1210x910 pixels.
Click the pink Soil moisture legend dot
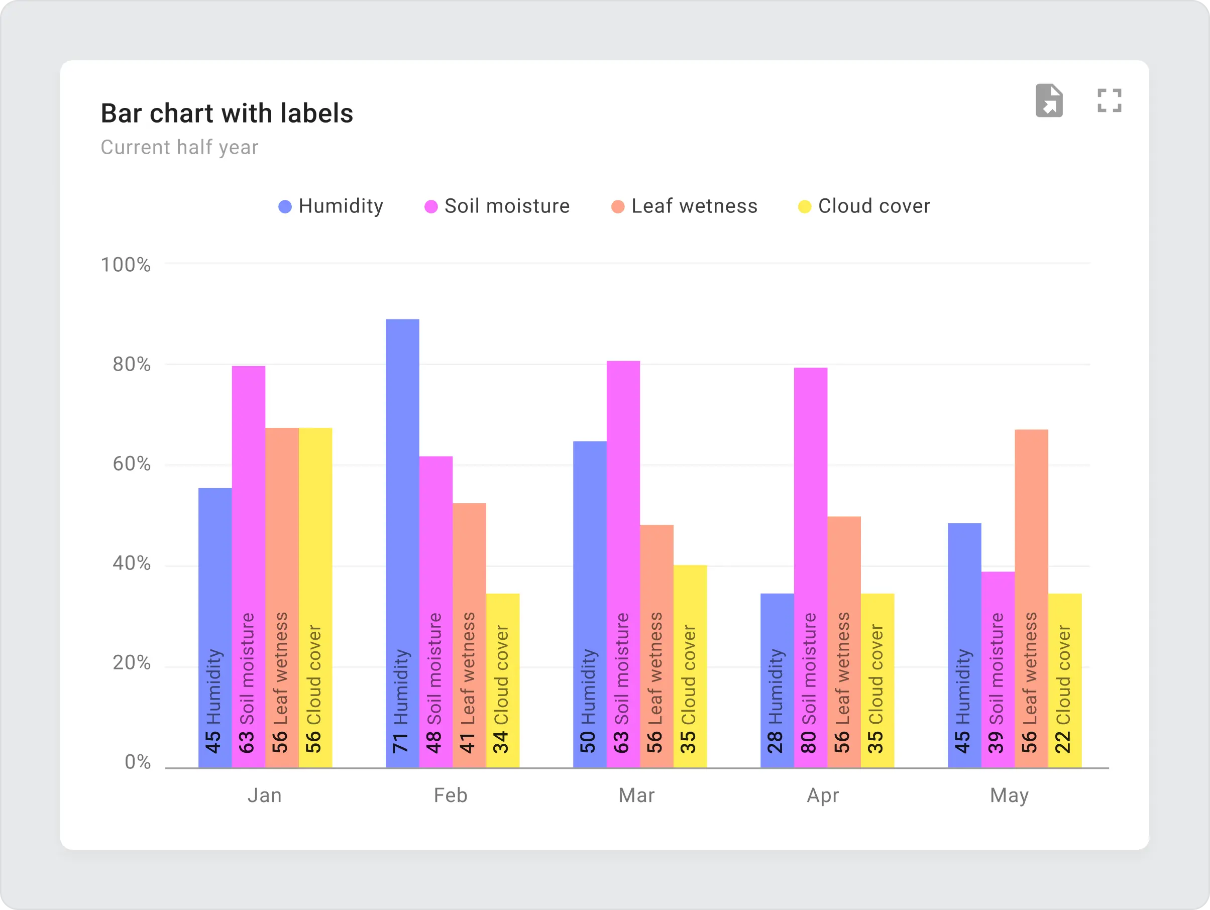coord(431,207)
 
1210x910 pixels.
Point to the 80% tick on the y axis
coord(131,364)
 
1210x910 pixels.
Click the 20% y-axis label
coord(131,663)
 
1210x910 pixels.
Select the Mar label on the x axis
coord(636,795)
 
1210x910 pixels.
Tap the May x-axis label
coord(1009,795)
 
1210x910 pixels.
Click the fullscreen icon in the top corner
coord(1110,100)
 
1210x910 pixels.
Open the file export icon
coord(1049,100)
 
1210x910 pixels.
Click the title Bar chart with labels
coord(227,113)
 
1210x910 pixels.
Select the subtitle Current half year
coord(179,147)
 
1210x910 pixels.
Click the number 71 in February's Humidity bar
coord(401,743)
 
